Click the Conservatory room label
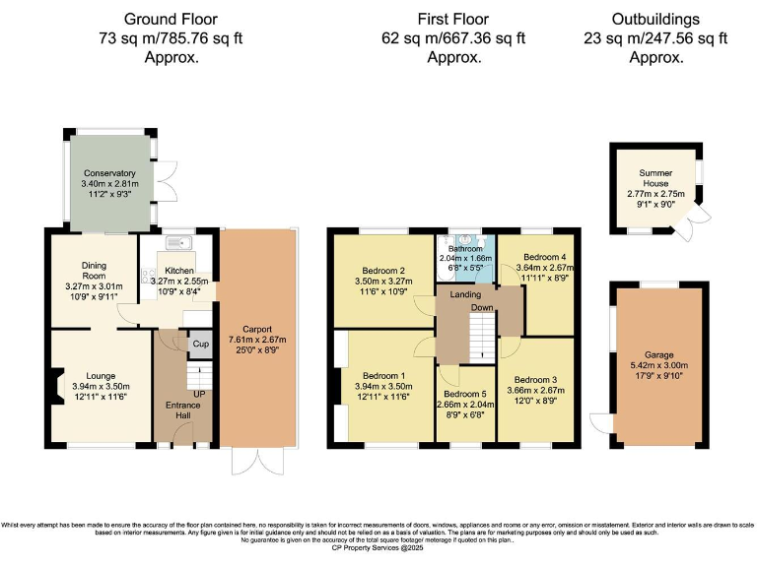pos(109,173)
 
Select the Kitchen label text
pos(178,270)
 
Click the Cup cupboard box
pos(199,345)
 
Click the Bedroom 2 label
pos(382,271)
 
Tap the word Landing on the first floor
pos(465,295)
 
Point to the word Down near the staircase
pos(482,308)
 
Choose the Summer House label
pos(655,177)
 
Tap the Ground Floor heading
pos(172,19)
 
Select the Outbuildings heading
pos(655,19)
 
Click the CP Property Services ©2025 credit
pos(378,548)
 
